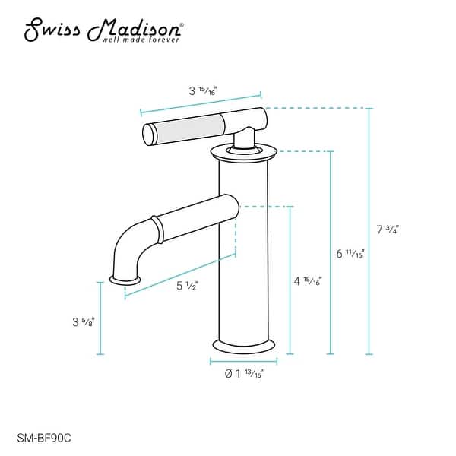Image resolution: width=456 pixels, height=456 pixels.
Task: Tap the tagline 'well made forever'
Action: pos(141,40)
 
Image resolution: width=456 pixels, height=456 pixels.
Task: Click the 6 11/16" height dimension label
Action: pos(350,253)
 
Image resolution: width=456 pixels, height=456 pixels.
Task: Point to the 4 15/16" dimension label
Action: pos(308,280)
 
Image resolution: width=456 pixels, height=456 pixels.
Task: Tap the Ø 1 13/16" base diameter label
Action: pos(244,373)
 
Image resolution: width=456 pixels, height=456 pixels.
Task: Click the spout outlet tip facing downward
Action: pos(125,280)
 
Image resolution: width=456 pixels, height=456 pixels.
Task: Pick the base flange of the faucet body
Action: pos(244,344)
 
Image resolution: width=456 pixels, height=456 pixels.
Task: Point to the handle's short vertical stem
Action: pos(243,139)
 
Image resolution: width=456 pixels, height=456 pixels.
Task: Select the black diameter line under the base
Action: pos(244,360)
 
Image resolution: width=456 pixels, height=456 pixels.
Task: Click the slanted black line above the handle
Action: pos(201,104)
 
